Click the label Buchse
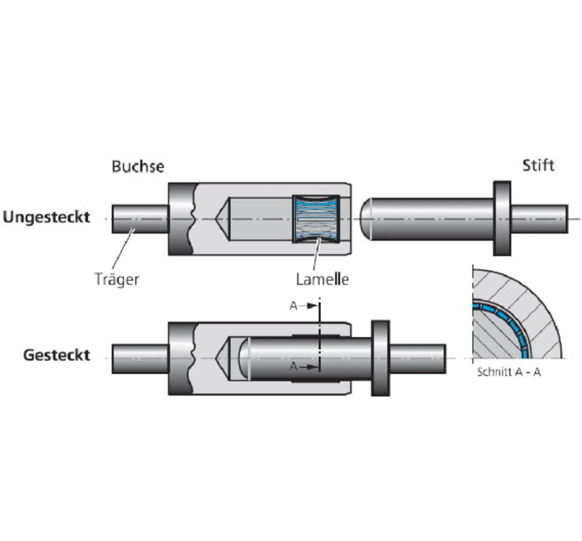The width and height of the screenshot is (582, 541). coord(138,166)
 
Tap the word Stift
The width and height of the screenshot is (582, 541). coord(538,165)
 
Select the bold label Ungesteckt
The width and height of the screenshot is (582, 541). coord(46,217)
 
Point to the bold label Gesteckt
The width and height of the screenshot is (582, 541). coord(57,355)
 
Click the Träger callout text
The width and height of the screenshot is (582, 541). coord(117,279)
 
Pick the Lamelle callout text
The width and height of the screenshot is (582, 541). coord(322,279)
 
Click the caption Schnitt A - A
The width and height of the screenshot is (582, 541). coord(509,372)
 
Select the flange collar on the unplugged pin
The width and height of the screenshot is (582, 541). coord(502,218)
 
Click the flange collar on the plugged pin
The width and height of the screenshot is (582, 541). coord(381,358)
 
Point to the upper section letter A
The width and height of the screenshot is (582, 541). coord(294,306)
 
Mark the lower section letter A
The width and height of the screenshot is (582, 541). coord(294,366)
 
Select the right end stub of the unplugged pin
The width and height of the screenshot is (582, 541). coord(539,219)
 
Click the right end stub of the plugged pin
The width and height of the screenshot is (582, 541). coord(417,358)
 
